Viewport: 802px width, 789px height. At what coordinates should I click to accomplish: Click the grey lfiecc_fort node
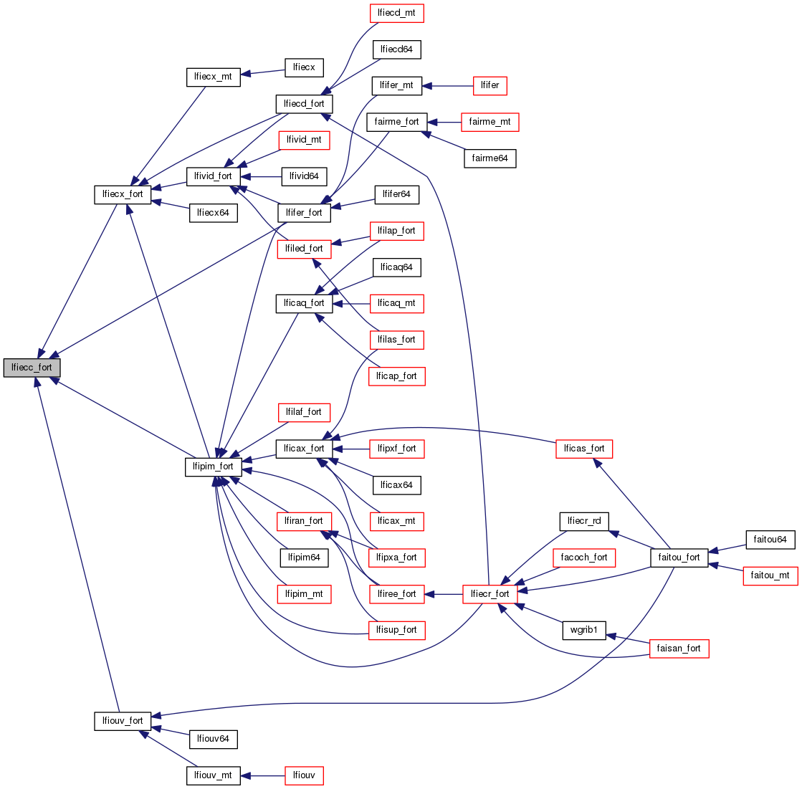[32, 368]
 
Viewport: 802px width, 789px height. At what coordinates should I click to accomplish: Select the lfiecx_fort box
[123, 194]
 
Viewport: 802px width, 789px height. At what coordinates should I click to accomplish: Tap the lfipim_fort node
[214, 467]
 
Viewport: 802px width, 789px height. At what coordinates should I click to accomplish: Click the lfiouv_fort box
[123, 720]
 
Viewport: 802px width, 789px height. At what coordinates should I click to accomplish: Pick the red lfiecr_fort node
[490, 594]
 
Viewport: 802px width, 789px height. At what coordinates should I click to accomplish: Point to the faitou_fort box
[679, 557]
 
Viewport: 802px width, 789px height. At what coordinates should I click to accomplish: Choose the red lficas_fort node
[584, 449]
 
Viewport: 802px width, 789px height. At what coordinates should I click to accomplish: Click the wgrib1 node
[584, 631]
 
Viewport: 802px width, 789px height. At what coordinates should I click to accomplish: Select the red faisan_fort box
[679, 649]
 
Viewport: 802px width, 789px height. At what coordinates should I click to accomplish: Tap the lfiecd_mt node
[397, 12]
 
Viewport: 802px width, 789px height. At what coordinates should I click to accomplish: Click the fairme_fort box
[397, 121]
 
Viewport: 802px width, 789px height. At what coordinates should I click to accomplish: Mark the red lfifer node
[490, 85]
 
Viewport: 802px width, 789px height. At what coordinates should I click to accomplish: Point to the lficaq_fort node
[304, 303]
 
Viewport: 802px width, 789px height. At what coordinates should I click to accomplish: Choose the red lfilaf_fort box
[304, 412]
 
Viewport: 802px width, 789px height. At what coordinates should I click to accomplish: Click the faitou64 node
[770, 539]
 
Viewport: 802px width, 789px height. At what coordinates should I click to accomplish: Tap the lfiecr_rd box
[584, 521]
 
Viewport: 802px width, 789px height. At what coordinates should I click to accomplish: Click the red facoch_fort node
[584, 557]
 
